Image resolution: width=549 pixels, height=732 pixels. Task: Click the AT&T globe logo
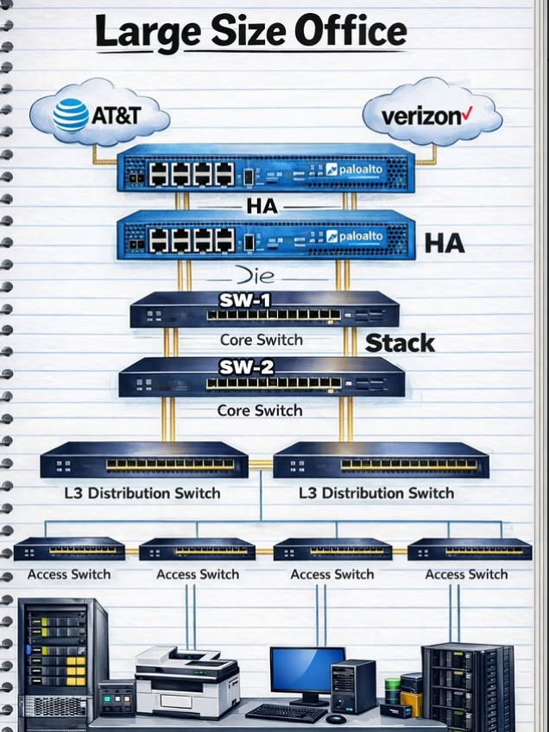click(71, 116)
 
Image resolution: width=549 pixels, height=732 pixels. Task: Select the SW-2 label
click(246, 366)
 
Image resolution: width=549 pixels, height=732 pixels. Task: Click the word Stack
click(400, 343)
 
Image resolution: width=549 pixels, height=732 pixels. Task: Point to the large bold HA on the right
click(445, 244)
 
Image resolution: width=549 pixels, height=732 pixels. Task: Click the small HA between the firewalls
click(262, 207)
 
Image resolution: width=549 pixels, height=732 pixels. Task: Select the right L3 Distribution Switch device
click(382, 461)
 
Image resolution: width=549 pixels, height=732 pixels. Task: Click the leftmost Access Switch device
click(69, 549)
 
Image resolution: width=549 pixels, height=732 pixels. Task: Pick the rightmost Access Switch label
click(466, 574)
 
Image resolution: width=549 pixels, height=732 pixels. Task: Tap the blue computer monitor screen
click(306, 669)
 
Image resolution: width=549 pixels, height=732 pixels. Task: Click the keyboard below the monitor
click(285, 712)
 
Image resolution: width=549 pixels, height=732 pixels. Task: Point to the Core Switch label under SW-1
click(261, 340)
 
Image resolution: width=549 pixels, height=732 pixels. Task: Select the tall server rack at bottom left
click(62, 660)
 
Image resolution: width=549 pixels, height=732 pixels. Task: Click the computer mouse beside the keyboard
click(336, 718)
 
